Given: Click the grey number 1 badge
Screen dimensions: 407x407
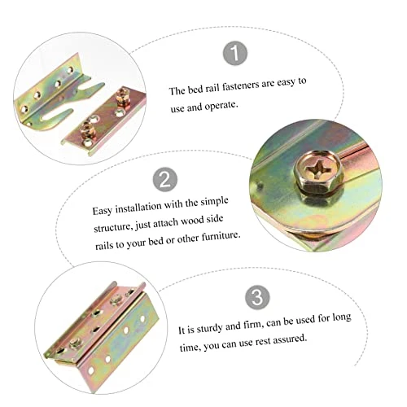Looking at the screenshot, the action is [235, 53].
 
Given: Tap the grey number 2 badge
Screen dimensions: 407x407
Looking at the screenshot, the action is [165, 179].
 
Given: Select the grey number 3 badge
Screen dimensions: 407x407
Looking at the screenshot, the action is [257, 297].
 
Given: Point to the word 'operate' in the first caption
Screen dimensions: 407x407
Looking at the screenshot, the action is [221, 106].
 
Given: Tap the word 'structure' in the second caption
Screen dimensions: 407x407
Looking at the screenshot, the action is [113, 227].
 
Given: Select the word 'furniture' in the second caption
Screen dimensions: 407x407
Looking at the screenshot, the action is [221, 236].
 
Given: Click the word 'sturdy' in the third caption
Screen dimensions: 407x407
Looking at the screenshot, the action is [210, 328].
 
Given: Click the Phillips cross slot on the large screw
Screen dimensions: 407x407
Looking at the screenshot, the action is [318, 169].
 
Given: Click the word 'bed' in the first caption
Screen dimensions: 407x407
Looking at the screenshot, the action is [195, 89].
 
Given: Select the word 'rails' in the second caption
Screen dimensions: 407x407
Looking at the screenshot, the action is [104, 245].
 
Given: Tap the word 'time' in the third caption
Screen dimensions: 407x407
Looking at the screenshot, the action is [190, 347].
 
